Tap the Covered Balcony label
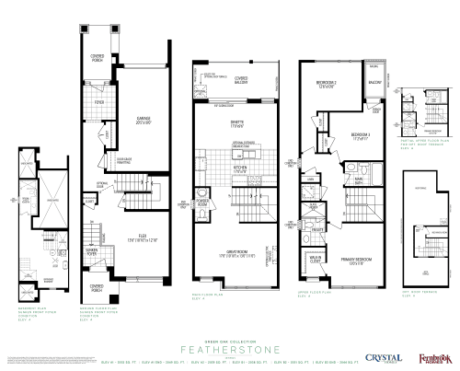coord(242,79)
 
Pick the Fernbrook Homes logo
coord(431,357)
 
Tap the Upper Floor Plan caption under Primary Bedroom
coord(311,296)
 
